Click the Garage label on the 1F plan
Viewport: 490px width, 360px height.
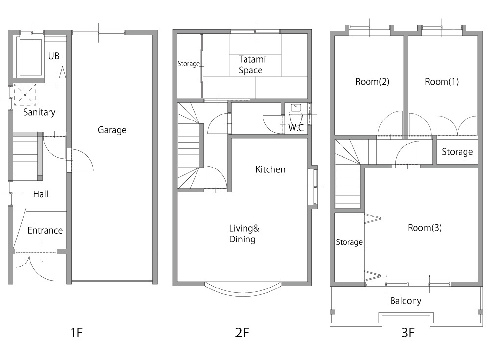(x=112, y=130)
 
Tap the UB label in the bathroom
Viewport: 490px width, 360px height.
(x=54, y=56)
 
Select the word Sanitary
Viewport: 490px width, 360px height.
(x=39, y=112)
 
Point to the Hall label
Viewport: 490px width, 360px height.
(x=41, y=194)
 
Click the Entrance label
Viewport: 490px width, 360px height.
(x=45, y=230)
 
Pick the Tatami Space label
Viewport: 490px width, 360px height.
(x=251, y=65)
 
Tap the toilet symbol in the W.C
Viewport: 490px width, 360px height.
(x=295, y=114)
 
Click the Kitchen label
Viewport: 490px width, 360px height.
(x=270, y=169)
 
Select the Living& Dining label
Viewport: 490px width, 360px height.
(x=244, y=234)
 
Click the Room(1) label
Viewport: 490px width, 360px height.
(x=441, y=82)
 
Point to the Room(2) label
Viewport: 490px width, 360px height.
(x=372, y=82)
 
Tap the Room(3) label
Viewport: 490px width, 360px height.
(x=424, y=227)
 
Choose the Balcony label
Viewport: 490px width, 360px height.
(x=406, y=301)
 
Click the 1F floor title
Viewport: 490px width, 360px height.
(x=76, y=333)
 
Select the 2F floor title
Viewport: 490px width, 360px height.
(x=242, y=333)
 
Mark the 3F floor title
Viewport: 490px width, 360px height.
(x=408, y=333)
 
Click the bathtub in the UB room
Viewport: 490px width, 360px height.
(x=30, y=57)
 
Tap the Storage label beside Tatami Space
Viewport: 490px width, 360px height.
(x=189, y=64)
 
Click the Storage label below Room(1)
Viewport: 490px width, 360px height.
(x=457, y=152)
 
